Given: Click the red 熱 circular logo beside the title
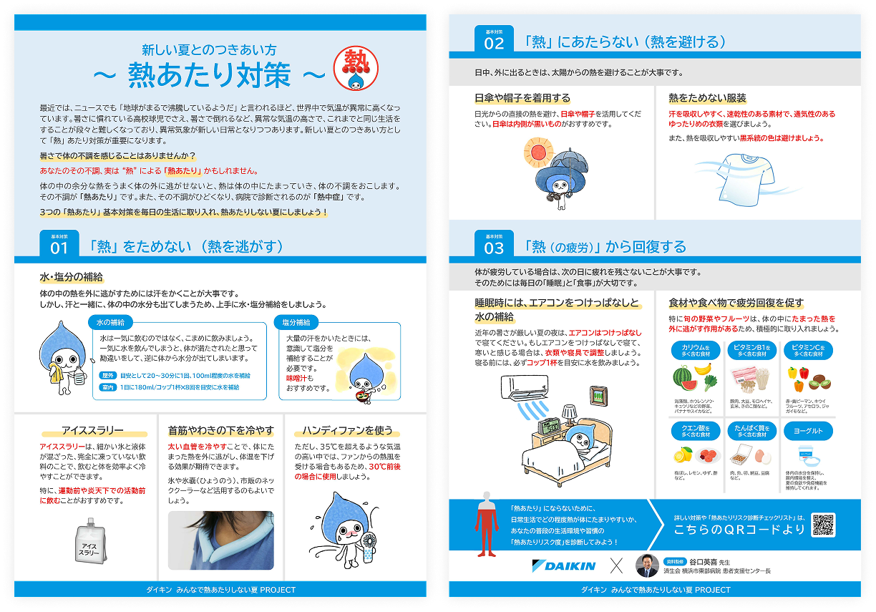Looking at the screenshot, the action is [x=356, y=69].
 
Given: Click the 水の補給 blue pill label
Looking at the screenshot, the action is [x=111, y=322].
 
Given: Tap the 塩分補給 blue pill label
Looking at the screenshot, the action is [x=296, y=322].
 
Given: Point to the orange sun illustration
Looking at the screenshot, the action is [x=538, y=152].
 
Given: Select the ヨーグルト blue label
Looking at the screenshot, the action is [x=808, y=431].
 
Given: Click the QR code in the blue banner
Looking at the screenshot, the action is [x=824, y=525].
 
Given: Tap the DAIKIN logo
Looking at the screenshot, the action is [x=564, y=565].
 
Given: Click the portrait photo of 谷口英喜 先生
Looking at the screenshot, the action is [x=646, y=565].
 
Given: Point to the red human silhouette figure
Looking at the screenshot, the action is [x=486, y=524].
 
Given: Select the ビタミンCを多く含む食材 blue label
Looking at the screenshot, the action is [x=808, y=351].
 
